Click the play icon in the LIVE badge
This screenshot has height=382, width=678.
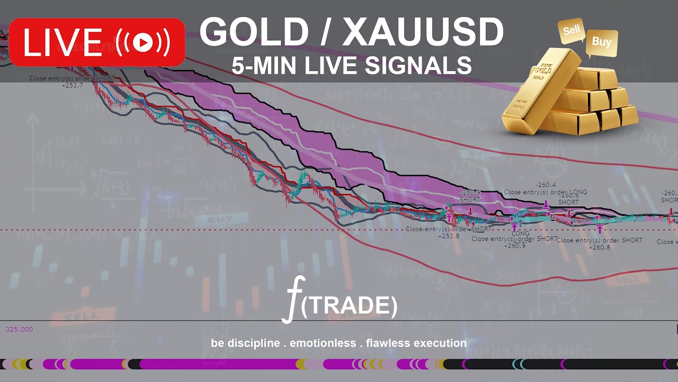coord(142,42)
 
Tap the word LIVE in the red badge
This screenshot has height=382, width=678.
coord(63,42)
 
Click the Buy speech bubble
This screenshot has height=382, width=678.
coord(601,42)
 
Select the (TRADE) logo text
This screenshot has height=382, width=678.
coord(349,305)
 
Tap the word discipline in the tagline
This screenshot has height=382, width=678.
coord(253,343)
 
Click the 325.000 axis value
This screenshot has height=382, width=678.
coord(19,329)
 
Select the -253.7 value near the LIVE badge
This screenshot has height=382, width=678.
coord(72,85)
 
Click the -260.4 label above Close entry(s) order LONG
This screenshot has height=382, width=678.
coord(545,185)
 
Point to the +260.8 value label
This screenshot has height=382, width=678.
coord(600,247)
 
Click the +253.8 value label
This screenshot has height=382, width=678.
coord(449,236)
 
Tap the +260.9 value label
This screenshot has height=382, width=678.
coord(514,246)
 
